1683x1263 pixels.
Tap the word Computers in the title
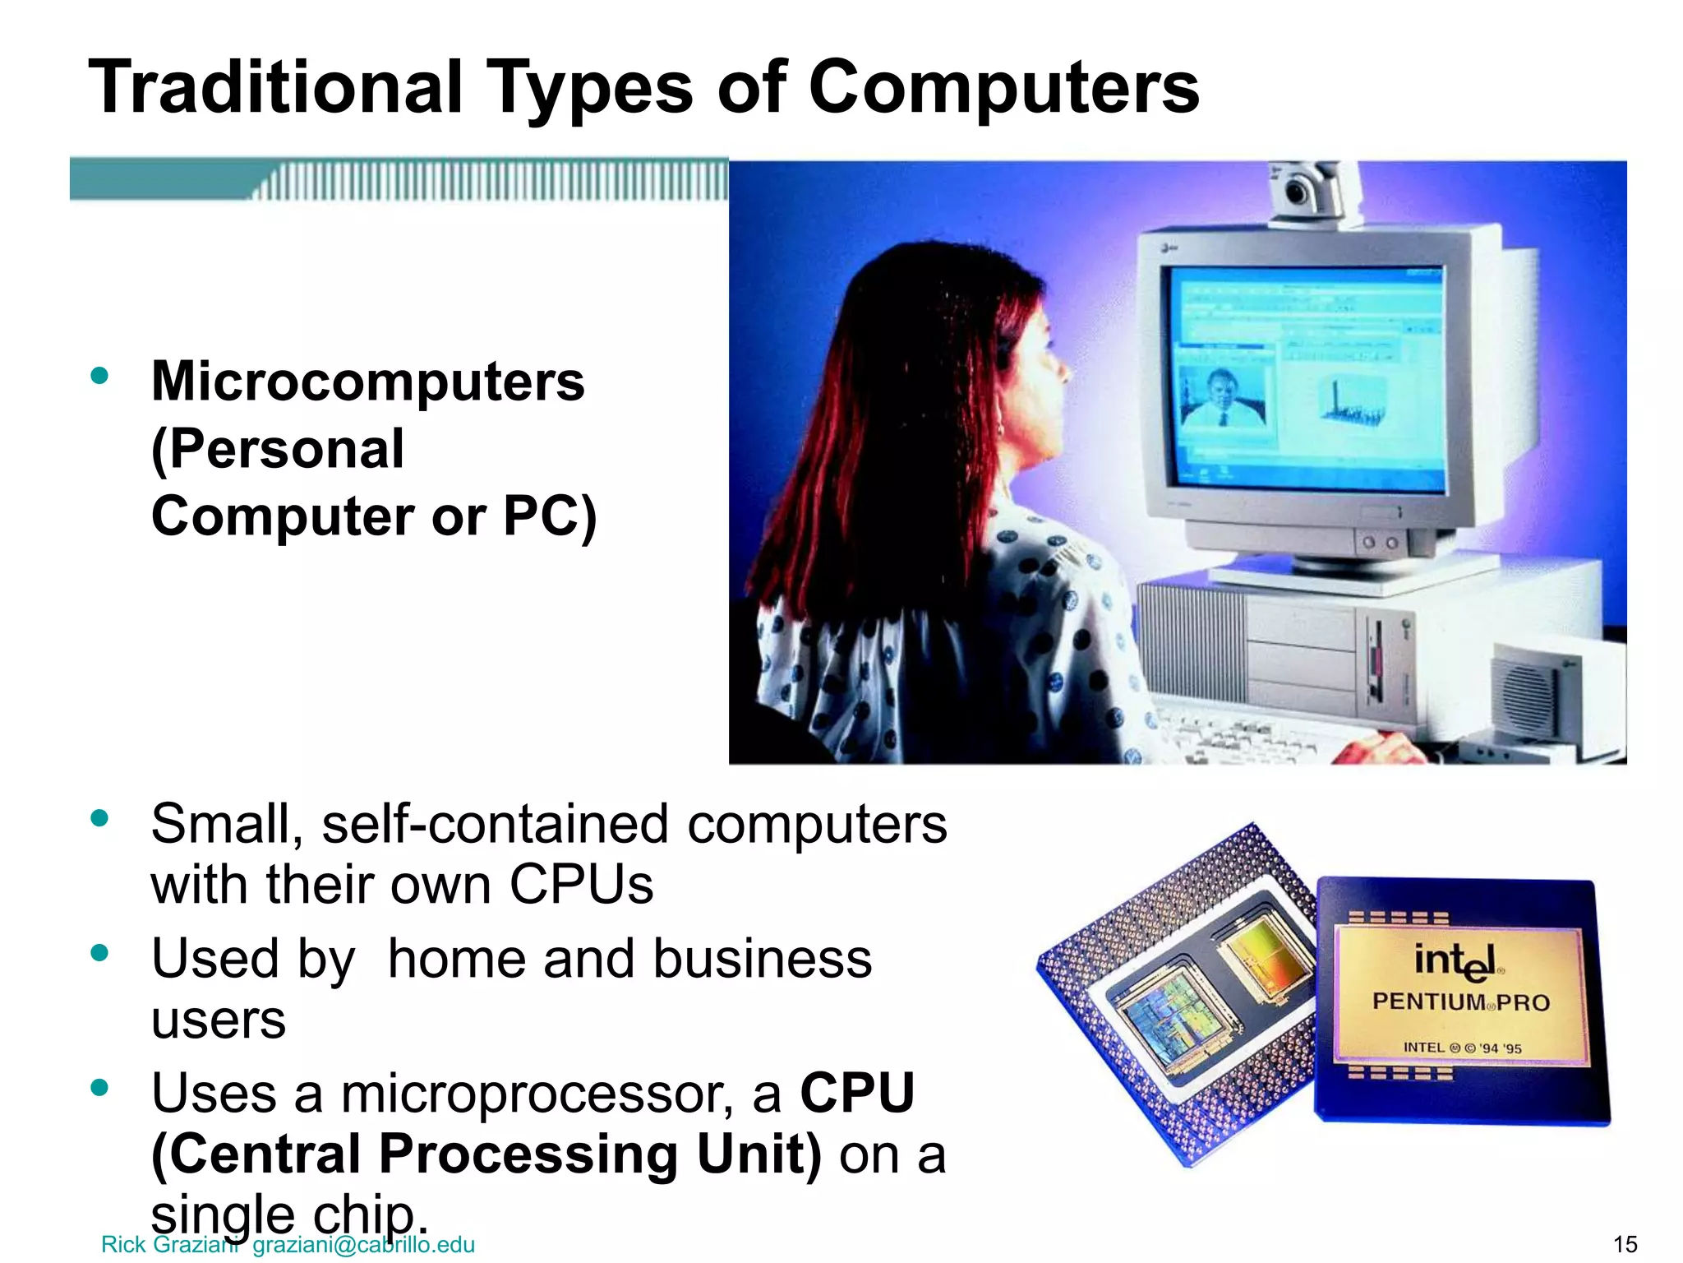point(1003,87)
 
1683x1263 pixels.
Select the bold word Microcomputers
point(367,382)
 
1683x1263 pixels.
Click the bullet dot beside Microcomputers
point(100,377)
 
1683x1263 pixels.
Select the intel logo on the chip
point(1455,961)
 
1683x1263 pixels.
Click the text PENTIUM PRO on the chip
point(1460,1002)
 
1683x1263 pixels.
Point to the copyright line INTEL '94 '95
point(1462,1048)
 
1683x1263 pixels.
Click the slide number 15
point(1625,1244)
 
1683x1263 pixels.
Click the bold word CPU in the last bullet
point(857,1094)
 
